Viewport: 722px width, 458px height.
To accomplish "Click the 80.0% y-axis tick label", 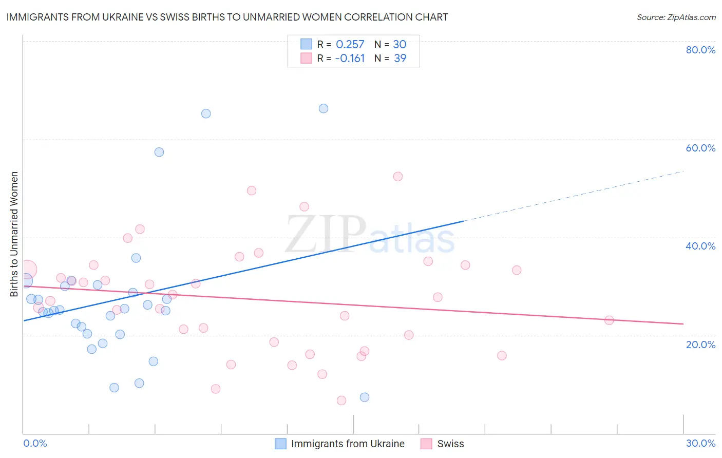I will pos(700,50).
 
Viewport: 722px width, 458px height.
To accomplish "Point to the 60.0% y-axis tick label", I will pos(700,148).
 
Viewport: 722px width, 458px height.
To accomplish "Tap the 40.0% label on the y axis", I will pos(700,246).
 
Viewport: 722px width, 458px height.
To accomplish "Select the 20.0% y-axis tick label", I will pos(700,344).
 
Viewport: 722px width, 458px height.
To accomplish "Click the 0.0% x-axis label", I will pos(35,443).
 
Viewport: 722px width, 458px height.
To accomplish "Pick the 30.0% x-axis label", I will pos(700,443).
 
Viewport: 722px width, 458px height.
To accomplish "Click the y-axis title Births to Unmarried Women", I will pos(14,234).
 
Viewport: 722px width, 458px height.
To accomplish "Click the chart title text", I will pos(227,17).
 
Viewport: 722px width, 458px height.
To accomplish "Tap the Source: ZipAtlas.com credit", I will pos(676,17).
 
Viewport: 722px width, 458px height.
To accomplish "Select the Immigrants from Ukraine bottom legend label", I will pos(348,444).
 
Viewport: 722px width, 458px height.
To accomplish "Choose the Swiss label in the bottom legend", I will pos(450,444).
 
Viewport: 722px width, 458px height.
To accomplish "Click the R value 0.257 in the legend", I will pos(350,44).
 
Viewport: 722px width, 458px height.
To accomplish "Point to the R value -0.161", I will pos(350,58).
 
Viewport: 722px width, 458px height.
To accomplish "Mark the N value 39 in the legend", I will pos(400,58).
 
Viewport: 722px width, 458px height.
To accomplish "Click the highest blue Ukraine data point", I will pos(324,108).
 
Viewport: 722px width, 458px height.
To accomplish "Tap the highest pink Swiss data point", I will pos(398,176).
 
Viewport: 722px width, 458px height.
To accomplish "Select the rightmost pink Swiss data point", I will pos(609,320).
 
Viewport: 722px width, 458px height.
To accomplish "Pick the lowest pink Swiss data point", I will pos(341,400).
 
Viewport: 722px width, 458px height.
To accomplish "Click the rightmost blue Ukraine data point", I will pos(365,397).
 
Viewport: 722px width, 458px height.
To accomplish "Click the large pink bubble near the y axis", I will pos(27,269).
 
